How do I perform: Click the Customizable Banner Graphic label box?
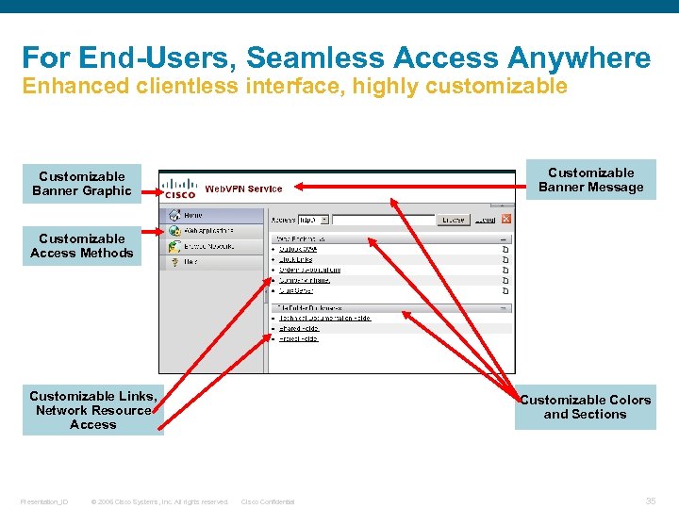point(82,184)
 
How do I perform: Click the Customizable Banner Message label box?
point(590,180)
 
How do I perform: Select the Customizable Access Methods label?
point(82,246)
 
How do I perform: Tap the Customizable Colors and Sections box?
point(585,407)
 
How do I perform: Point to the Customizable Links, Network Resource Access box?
point(92,410)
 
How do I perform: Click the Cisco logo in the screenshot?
point(178,189)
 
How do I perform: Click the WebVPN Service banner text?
point(243,189)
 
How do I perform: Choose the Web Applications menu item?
point(207,230)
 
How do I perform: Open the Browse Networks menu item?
point(207,246)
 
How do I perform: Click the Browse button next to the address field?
point(453,219)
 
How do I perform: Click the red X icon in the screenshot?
point(506,219)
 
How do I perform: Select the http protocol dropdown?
point(312,219)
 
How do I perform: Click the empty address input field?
point(382,219)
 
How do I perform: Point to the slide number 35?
point(650,501)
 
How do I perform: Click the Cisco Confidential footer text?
point(268,501)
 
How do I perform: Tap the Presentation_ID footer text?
point(43,501)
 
